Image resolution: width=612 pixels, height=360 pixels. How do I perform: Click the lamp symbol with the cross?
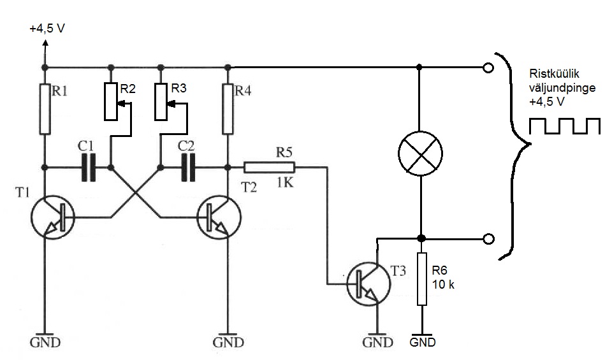tap(420, 154)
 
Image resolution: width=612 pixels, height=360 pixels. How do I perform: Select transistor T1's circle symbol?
tap(53, 218)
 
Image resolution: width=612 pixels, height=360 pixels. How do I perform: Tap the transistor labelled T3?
tap(368, 284)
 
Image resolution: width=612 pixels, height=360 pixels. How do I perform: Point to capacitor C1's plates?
tap(88, 168)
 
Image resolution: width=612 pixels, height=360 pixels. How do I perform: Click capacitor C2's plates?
tap(187, 168)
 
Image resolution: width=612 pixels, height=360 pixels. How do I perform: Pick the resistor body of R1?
tap(45, 109)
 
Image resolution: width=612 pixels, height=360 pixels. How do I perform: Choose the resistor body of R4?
tap(228, 109)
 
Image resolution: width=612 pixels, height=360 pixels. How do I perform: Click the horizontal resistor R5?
tap(269, 168)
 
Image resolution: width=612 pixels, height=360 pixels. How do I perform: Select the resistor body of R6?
tap(422, 279)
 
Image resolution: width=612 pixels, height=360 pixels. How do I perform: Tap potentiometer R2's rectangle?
tap(111, 101)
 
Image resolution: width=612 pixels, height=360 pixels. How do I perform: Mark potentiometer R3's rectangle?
tap(161, 101)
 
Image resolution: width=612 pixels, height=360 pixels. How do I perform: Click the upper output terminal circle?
tap(488, 68)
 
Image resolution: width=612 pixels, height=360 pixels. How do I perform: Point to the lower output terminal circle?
tap(488, 239)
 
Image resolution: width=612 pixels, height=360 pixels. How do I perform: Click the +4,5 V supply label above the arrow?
tap(47, 29)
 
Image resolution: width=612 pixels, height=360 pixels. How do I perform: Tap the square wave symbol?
tap(565, 126)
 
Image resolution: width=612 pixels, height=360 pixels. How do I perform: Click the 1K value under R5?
tap(286, 182)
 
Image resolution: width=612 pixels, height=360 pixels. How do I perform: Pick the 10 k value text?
tap(443, 284)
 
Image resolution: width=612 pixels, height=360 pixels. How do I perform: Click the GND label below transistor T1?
tap(45, 343)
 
